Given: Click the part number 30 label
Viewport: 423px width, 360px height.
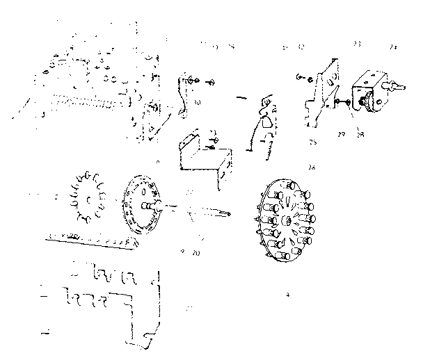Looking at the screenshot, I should click(x=198, y=103).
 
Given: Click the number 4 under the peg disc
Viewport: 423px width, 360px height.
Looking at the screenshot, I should click(x=287, y=295).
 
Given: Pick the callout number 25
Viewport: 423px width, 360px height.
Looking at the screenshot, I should click(x=314, y=142).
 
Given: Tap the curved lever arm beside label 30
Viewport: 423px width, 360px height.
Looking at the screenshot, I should click(x=184, y=94).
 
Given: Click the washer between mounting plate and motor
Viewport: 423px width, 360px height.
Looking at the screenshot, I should click(x=336, y=102).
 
